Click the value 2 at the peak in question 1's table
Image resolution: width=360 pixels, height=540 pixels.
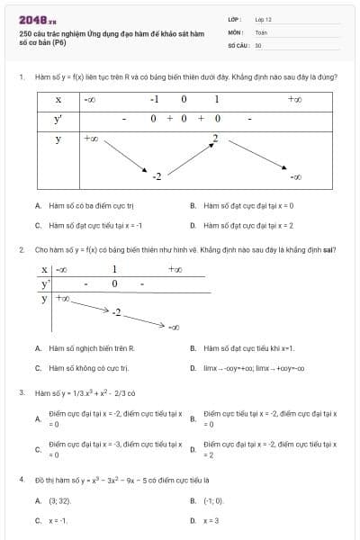[x=214, y=138]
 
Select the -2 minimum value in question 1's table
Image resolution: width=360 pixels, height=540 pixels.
[x=156, y=175]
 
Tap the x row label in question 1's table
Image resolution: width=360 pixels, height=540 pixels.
[x=58, y=99]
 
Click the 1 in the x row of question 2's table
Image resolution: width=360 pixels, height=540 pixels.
[x=114, y=269]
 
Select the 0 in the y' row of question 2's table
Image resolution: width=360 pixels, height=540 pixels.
[x=114, y=283]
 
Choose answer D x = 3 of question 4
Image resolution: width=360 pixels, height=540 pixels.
[x=211, y=520]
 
